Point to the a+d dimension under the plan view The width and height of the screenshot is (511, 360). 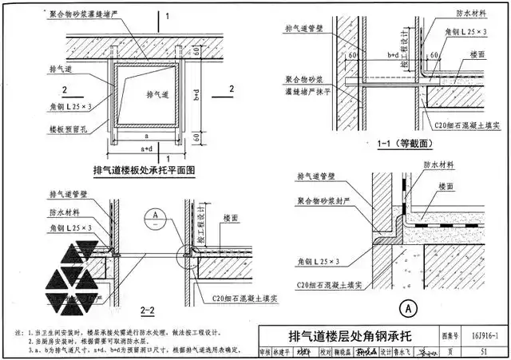pos(147,149)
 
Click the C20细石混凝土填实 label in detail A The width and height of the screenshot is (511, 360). pos(331,284)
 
